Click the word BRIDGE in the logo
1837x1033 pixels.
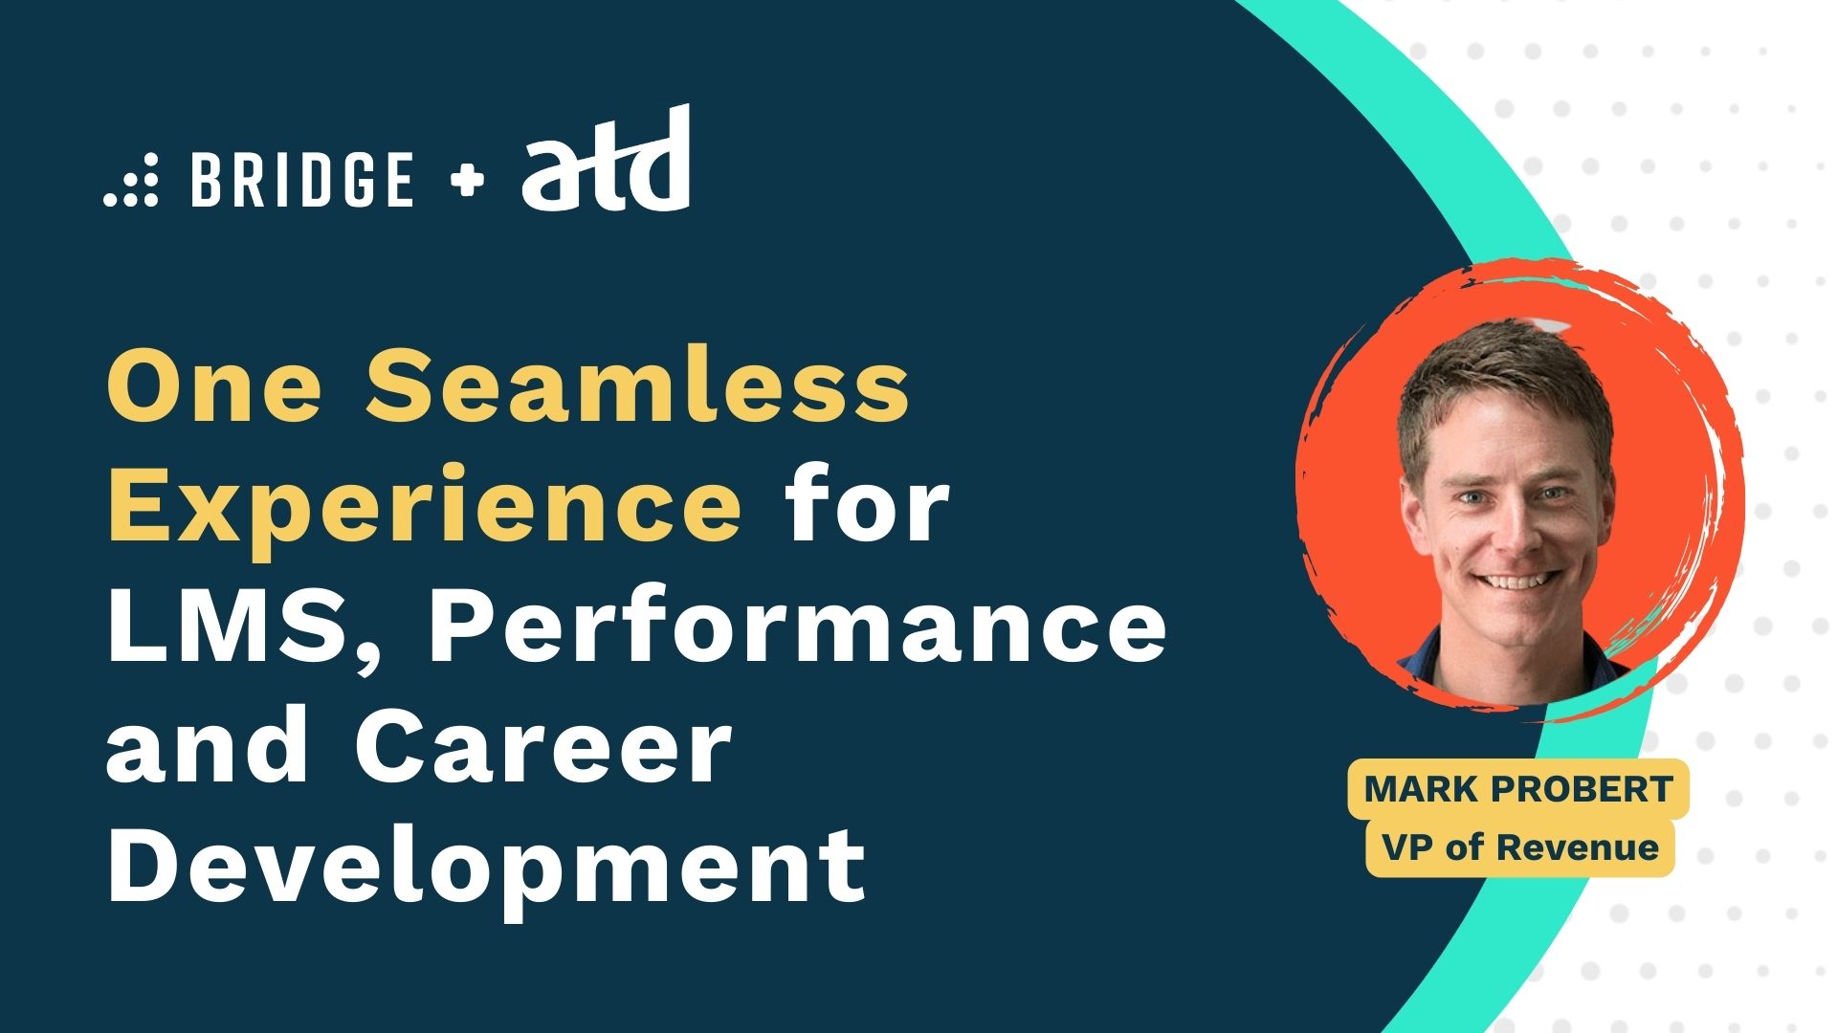[x=302, y=179]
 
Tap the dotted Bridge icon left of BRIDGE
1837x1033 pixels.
[x=131, y=179]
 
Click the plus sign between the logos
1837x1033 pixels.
[x=466, y=179]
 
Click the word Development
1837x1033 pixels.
[x=487, y=867]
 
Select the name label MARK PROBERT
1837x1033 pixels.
[x=1518, y=789]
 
